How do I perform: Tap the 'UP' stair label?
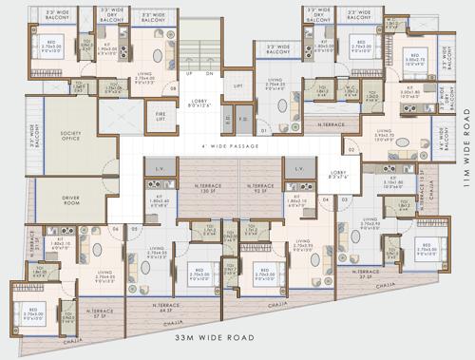pyautogui.click(x=189, y=73)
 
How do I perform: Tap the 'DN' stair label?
pyautogui.click(x=210, y=73)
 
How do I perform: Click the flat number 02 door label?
pyautogui.click(x=351, y=150)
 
